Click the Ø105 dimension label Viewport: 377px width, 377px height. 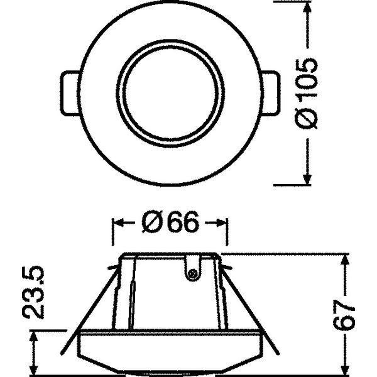coord(306,94)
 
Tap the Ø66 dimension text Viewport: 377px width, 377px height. coord(170,222)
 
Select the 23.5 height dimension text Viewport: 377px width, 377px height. coord(33,292)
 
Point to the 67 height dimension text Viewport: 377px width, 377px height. coord(344,315)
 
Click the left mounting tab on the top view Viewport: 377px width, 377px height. coord(70,93)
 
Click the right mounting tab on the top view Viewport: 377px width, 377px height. coord(270,92)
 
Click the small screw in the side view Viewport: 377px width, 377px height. coord(192,273)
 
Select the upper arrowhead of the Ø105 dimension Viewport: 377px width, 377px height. coord(307,9)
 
